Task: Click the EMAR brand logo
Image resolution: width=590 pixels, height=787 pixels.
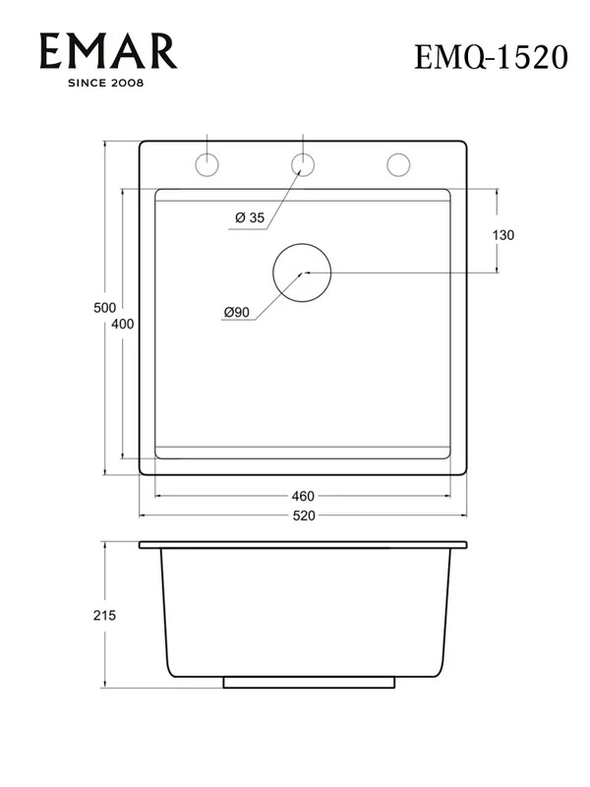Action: click(108, 51)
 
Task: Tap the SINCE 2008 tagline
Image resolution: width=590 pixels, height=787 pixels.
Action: click(106, 83)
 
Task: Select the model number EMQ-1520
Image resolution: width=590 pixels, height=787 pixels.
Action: click(491, 57)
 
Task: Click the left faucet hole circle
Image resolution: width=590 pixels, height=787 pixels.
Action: click(206, 153)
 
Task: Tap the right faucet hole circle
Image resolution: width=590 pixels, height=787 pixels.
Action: click(398, 153)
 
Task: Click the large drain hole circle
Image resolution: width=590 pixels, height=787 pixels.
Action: click(302, 244)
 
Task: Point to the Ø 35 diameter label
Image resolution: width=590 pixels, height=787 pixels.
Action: click(250, 217)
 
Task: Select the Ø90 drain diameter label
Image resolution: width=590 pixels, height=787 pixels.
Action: click(236, 312)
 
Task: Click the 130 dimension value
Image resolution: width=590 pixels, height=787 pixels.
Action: click(503, 235)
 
